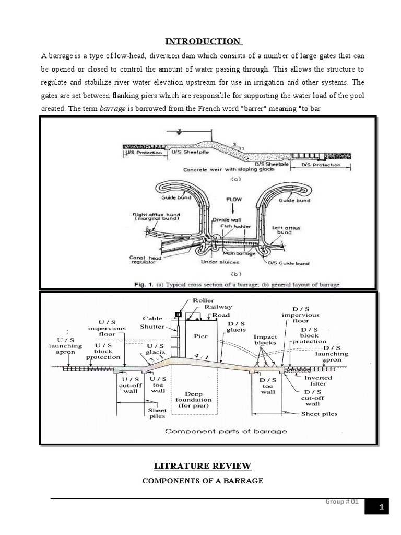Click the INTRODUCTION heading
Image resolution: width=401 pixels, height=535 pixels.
tap(203, 41)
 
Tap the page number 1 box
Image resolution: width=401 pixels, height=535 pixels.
tap(382, 507)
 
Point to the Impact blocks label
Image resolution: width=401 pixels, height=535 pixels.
tap(265, 340)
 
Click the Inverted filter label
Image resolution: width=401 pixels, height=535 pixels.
tap(318, 381)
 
